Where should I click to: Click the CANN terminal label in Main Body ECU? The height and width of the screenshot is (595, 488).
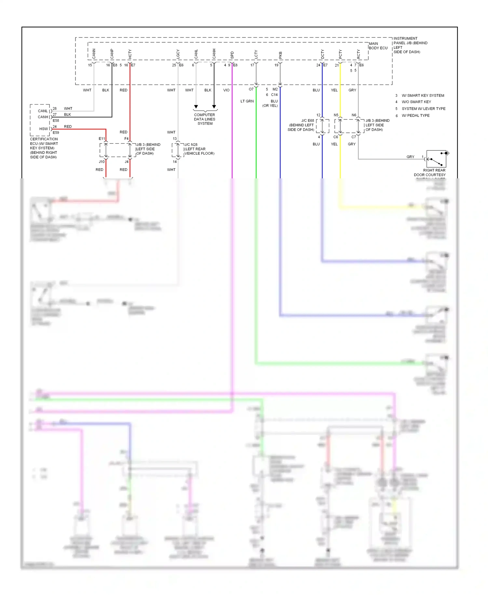pos(94,54)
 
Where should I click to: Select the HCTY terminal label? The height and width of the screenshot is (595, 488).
pos(130,54)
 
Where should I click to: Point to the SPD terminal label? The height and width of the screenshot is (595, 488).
pos(232,55)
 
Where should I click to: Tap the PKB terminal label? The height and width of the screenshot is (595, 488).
pos(280,55)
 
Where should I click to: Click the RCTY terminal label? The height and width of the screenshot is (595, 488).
pos(358,54)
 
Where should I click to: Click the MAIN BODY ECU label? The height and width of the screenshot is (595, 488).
pos(378,46)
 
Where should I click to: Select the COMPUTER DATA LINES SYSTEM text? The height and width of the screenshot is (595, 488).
pos(205,119)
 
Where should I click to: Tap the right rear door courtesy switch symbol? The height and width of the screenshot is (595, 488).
pos(436,159)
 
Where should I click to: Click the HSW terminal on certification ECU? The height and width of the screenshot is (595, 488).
pos(43,129)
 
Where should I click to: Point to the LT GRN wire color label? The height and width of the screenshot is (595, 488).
pos(247,101)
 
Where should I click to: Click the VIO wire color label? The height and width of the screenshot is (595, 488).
pos(226,90)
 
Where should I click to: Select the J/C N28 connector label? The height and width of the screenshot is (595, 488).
pos(191,145)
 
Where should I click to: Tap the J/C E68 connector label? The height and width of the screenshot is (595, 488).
pos(307,121)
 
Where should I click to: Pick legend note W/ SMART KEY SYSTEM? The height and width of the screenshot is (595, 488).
pos(423,95)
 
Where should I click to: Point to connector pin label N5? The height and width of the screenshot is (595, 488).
pos(336,115)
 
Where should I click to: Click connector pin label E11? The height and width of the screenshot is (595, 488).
pos(102,139)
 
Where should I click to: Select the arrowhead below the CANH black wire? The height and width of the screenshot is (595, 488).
pos(214,107)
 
